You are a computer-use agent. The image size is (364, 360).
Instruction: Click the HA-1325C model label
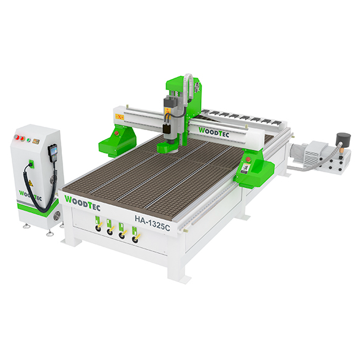pyautogui.click(x=153, y=223)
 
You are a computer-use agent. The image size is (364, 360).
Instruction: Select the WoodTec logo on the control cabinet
pyautogui.click(x=30, y=196)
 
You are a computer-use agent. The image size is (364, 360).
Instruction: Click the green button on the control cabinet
pyautogui.click(x=29, y=140)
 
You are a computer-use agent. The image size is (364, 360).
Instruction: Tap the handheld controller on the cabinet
pyautogui.click(x=51, y=153)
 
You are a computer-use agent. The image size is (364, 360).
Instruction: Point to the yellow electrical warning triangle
pyautogui.click(x=31, y=183)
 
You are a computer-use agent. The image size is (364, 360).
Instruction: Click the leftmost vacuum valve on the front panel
pyautogui.click(x=98, y=228)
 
